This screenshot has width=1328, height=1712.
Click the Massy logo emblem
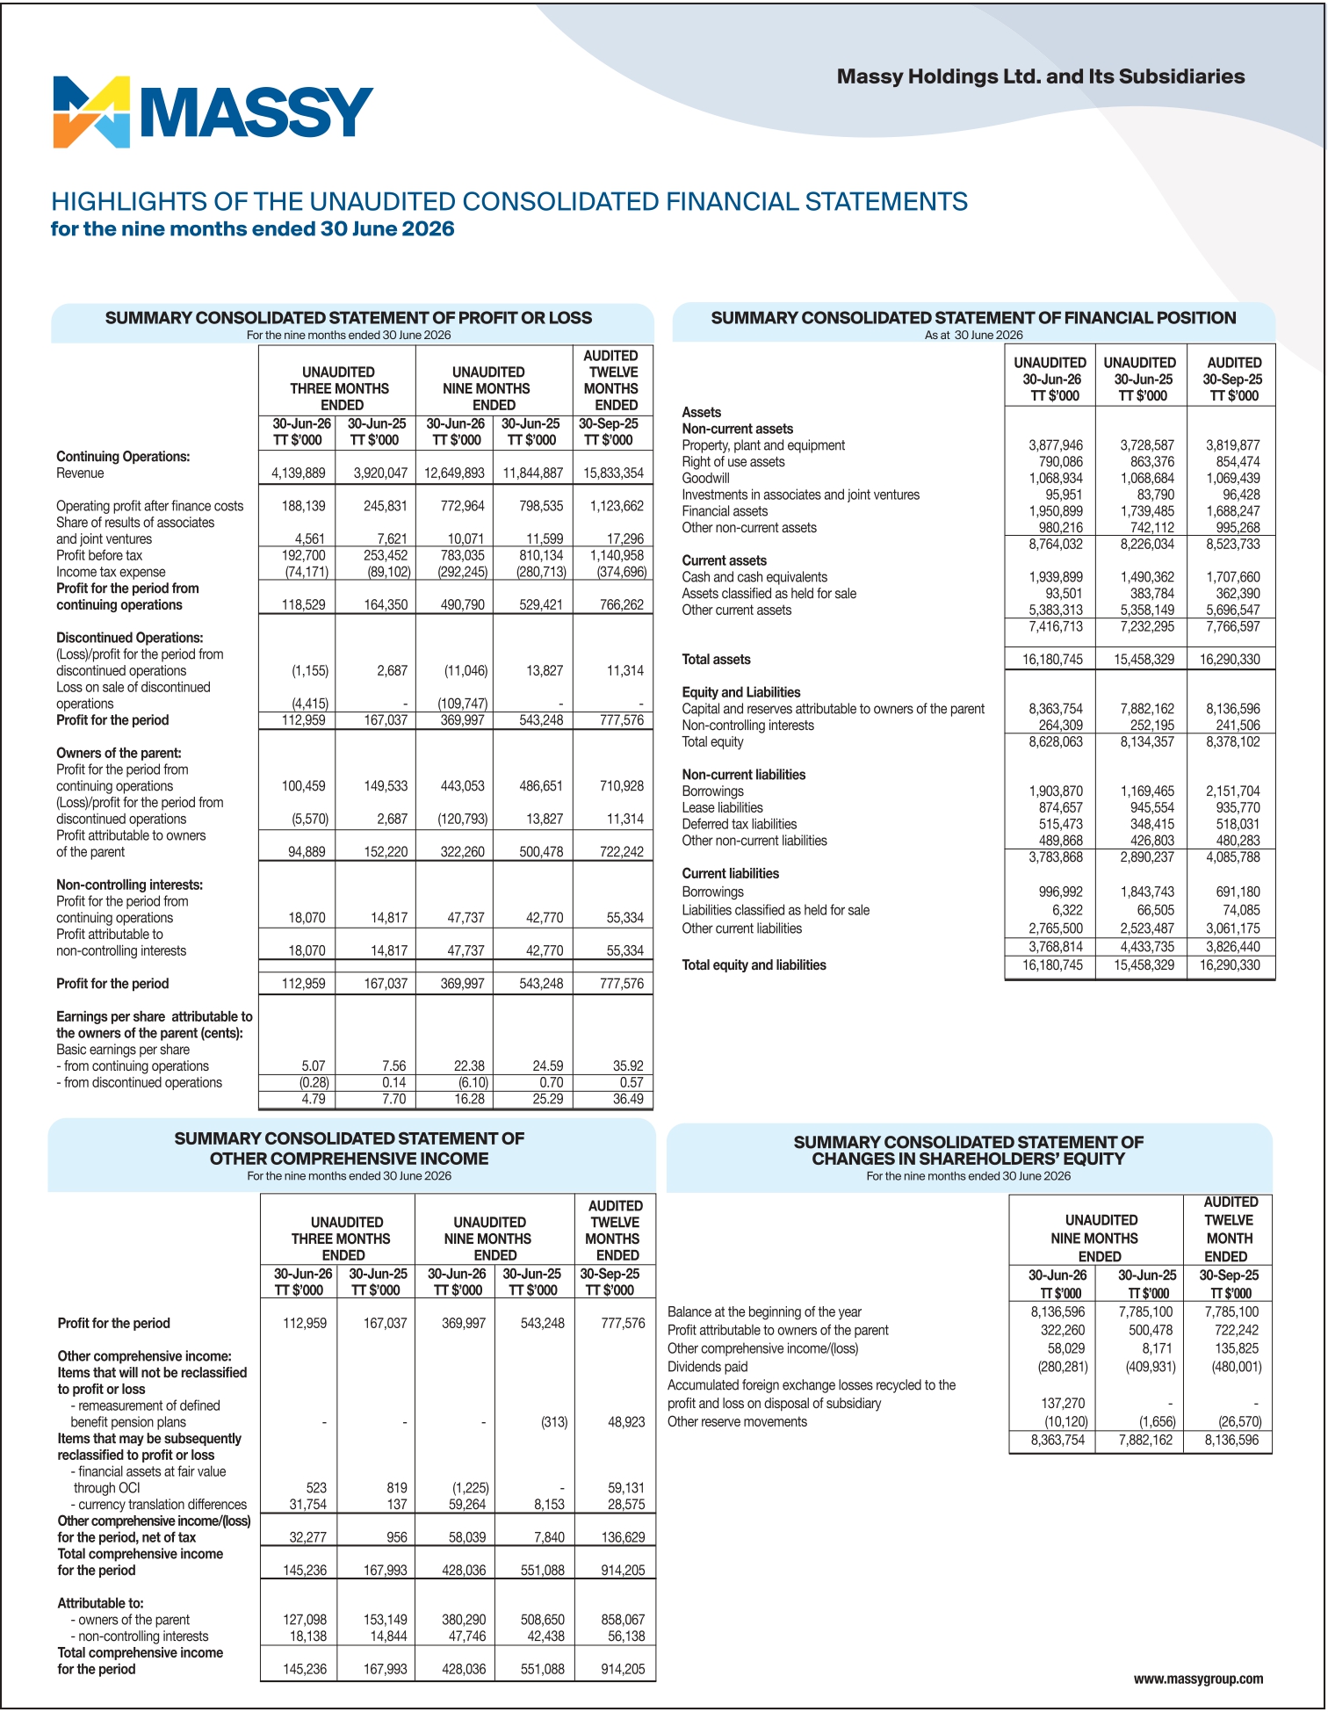(91, 112)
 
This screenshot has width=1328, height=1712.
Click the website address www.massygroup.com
(1198, 1679)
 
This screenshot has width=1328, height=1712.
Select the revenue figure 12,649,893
(454, 473)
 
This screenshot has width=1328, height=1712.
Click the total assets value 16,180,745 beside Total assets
(1052, 659)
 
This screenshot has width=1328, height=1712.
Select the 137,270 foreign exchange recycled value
(1063, 1403)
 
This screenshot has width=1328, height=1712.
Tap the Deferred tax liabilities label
(739, 824)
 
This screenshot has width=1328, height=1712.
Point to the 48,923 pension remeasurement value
(625, 1421)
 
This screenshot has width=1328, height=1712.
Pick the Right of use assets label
(733, 461)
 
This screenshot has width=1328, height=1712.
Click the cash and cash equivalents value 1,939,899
(1055, 577)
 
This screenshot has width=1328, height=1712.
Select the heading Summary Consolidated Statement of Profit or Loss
(349, 317)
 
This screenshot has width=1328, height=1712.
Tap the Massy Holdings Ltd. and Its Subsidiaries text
(1041, 76)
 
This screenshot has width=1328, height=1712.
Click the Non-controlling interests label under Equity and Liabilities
(747, 725)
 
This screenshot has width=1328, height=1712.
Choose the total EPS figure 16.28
(471, 1098)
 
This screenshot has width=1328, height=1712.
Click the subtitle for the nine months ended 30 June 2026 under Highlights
(252, 228)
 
